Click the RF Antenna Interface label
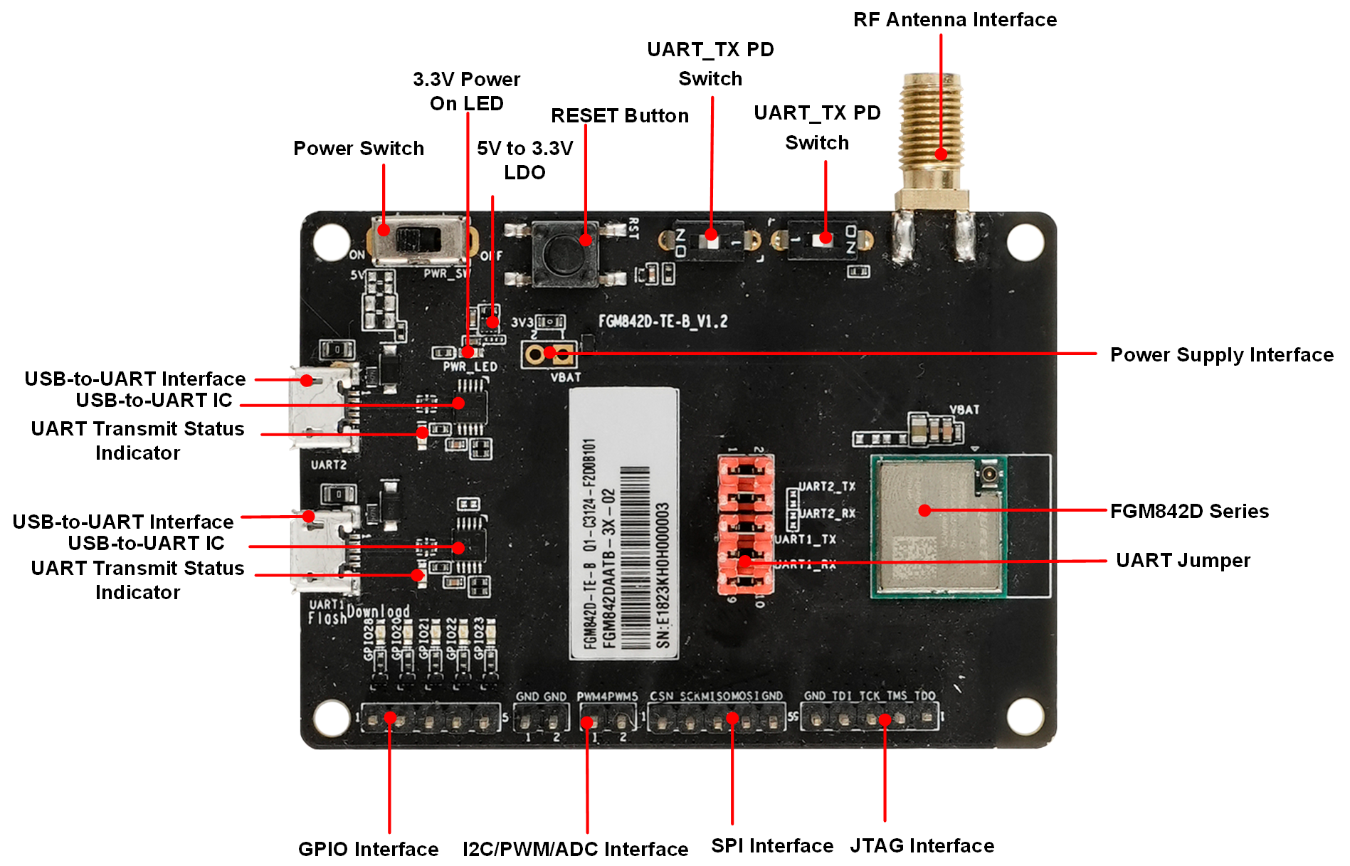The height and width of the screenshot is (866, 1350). click(954, 20)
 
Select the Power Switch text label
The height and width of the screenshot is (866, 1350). click(359, 149)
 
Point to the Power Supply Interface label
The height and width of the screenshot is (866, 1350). click(1221, 355)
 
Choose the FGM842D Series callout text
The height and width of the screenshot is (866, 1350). click(1189, 512)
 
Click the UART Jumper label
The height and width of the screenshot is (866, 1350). click(1183, 561)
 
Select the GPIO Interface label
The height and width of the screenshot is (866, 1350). click(368, 849)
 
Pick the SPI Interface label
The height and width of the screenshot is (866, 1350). click(772, 846)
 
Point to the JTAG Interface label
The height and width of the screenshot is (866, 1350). click(922, 846)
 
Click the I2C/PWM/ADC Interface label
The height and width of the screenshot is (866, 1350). click(575, 849)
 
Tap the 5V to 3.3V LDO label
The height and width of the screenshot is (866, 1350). click(524, 161)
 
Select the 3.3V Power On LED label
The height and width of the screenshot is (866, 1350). click(467, 92)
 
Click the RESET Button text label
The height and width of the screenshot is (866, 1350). click(620, 116)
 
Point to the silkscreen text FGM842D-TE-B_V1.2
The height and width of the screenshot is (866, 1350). click(663, 322)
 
